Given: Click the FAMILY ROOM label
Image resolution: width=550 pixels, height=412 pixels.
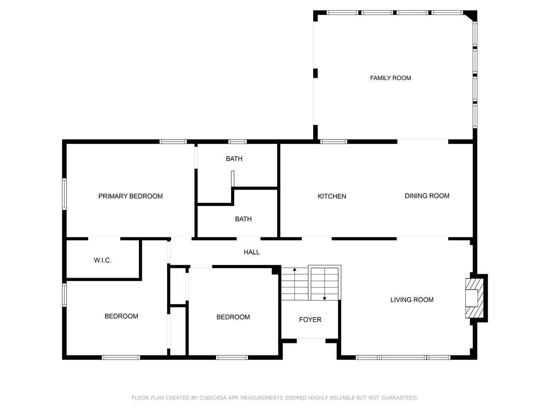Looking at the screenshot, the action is pos(390,78).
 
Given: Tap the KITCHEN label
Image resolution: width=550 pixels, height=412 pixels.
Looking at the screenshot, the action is pos(332,197).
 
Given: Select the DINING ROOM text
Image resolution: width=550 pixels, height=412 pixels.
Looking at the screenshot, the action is pos(427,196).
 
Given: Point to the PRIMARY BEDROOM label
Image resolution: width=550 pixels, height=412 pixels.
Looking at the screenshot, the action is pos(130,196).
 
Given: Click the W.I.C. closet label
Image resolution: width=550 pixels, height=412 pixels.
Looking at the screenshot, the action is pos(103,260).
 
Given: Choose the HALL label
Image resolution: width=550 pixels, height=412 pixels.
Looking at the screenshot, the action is pos(251,252).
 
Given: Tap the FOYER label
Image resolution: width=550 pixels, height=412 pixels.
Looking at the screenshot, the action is pos(310,319).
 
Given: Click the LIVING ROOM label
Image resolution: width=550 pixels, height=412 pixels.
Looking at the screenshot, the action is pos(412,300).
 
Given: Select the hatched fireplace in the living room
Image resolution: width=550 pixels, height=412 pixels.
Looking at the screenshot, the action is pos(474,298).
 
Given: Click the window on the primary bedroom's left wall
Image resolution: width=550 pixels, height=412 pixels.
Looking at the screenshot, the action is pos(64,194).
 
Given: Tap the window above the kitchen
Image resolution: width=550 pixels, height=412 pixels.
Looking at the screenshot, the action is pos(333,142).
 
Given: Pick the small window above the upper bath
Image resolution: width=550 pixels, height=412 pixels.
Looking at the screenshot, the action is pos(237,142).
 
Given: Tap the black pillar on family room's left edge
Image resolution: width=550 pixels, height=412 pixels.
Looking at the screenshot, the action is pos(315,73).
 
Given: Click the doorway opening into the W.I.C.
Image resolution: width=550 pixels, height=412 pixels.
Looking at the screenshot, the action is pos(104,238).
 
